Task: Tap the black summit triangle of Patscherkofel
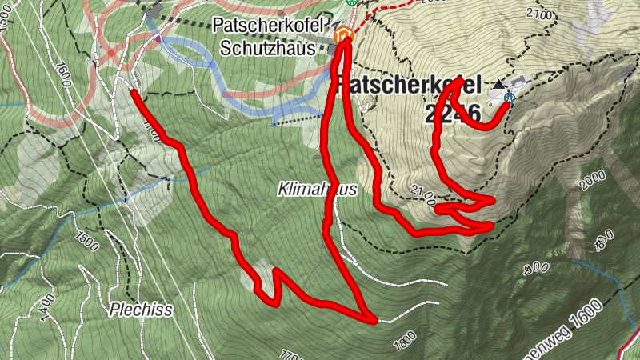pyautogui.click(x=500, y=84)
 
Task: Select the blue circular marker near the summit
pyautogui.click(x=510, y=98)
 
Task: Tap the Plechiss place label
pyautogui.click(x=140, y=308)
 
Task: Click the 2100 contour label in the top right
pyautogui.click(x=541, y=15)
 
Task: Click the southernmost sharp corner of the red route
pyautogui.click(x=374, y=321)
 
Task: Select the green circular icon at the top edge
pyautogui.click(x=350, y=2)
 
